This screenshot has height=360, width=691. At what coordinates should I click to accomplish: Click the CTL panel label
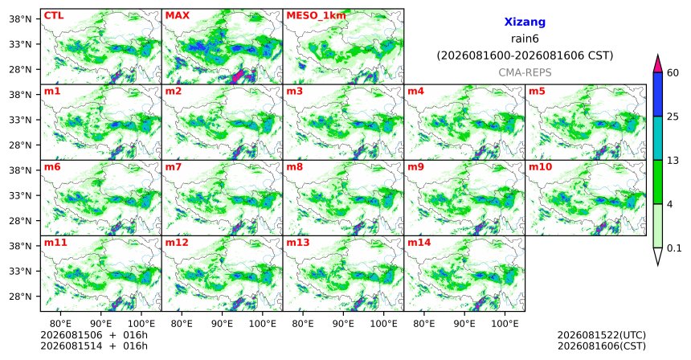[54, 16]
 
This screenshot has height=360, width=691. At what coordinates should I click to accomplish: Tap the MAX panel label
[177, 16]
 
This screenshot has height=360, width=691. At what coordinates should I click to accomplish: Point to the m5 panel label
[537, 92]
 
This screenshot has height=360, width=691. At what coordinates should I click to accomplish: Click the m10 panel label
[540, 167]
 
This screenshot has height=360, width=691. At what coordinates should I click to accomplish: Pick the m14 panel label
[419, 243]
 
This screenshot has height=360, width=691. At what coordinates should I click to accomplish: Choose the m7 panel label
[174, 167]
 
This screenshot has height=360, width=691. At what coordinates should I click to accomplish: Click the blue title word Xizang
[525, 22]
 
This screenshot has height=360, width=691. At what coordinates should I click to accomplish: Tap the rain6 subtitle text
[525, 39]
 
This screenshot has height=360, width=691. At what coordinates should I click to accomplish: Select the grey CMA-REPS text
[525, 72]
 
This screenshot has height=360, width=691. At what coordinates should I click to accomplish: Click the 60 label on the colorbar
[673, 73]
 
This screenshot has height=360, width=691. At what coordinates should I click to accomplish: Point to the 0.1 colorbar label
[674, 248]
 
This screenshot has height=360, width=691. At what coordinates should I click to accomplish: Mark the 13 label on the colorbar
[673, 161]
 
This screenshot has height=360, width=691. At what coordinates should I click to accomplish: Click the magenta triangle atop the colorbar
[657, 64]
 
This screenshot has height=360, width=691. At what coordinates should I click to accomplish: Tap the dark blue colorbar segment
[657, 94]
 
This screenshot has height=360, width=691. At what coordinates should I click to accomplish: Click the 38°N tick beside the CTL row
[20, 19]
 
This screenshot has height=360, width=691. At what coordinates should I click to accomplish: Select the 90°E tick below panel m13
[343, 324]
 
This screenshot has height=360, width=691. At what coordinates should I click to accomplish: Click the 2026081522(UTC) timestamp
[602, 336]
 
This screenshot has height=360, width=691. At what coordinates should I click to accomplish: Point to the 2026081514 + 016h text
[94, 346]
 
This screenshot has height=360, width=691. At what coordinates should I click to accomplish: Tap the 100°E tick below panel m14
[505, 324]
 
